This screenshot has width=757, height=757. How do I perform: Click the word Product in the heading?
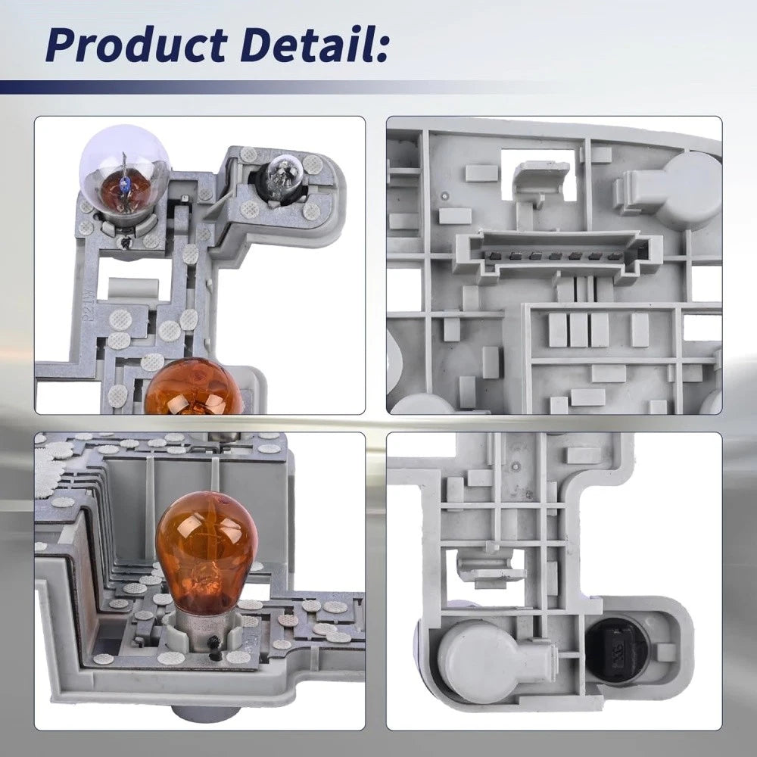pyautogui.click(x=136, y=45)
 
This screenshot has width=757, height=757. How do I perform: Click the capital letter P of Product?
pyautogui.click(x=62, y=45)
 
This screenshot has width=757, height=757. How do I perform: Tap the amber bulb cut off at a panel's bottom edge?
pyautogui.click(x=193, y=387)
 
